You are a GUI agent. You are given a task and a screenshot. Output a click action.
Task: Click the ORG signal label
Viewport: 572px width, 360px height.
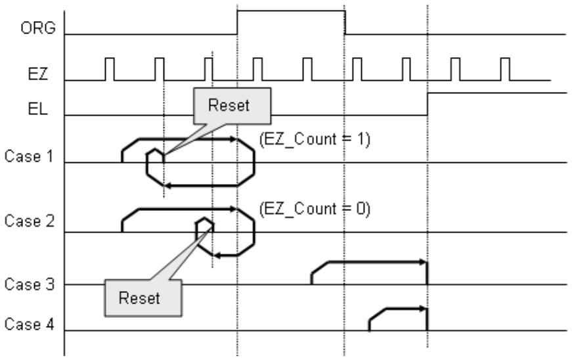tap(38, 28)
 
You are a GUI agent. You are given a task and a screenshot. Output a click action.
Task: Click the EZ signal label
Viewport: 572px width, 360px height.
tap(38, 74)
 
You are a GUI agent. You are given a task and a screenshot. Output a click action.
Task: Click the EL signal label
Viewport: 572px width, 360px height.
tap(37, 108)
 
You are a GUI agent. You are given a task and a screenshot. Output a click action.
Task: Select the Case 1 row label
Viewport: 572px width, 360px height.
tap(29, 156)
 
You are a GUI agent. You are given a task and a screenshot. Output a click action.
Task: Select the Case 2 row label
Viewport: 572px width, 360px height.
tap(29, 221)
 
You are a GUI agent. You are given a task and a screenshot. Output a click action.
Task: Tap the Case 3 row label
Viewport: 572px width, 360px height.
tap(29, 284)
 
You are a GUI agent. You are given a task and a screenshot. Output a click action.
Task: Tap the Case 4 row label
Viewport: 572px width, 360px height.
tap(29, 324)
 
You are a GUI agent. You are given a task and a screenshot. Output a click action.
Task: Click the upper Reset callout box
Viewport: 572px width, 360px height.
tap(232, 106)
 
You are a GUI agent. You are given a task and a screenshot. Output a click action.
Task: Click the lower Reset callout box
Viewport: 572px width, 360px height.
tap(143, 298)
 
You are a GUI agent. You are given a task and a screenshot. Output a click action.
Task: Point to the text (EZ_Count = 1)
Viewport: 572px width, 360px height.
tap(315, 139)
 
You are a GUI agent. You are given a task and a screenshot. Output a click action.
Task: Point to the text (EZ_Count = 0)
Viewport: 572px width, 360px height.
tap(315, 209)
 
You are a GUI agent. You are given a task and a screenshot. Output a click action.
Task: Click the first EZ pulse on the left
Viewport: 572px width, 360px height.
tap(110, 69)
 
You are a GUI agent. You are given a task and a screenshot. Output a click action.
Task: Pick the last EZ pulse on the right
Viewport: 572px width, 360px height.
tap(505, 69)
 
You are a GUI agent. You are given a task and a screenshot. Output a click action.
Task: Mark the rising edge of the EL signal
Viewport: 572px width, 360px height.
tap(428, 104)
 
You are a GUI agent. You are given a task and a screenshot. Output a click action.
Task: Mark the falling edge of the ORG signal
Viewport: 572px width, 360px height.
tap(345, 22)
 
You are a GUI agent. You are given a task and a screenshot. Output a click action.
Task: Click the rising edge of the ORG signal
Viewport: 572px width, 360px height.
tap(237, 22)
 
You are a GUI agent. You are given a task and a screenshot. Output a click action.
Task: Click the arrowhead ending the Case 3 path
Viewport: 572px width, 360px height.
tap(423, 261)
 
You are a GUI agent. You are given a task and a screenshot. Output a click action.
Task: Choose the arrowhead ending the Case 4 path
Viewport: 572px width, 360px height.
tap(423, 309)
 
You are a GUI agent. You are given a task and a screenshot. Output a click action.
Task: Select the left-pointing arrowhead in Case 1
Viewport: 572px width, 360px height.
tap(169, 186)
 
